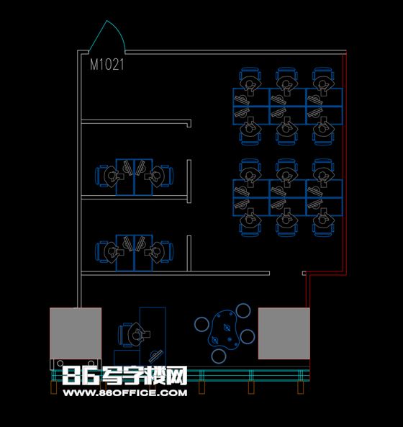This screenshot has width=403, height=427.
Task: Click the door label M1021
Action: (x=107, y=65)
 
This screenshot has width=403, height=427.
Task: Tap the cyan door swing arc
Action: (x=119, y=30)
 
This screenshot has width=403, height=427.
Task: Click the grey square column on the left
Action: (x=76, y=333)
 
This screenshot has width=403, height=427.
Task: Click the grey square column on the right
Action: (x=284, y=333)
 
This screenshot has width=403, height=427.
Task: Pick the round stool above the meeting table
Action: (x=243, y=311)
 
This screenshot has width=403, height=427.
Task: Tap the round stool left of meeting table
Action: (x=202, y=324)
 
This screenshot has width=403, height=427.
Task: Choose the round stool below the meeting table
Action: (x=219, y=356)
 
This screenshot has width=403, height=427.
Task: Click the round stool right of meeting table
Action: (x=248, y=336)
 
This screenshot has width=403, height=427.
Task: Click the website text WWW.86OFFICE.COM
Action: (x=125, y=392)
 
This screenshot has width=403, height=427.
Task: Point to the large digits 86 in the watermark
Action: (x=81, y=376)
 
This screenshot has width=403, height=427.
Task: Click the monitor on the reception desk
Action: (x=155, y=356)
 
